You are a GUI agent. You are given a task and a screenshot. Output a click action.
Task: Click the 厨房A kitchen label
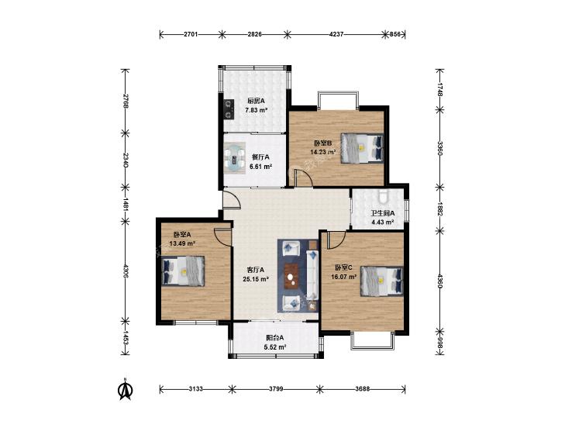pyautogui.click(x=256, y=101)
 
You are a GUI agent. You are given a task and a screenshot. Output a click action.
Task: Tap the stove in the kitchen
pyautogui.click(x=228, y=109)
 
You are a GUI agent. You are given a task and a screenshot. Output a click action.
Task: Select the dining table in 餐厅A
pyautogui.click(x=235, y=157)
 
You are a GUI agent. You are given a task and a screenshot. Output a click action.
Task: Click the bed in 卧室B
pyautogui.click(x=362, y=148)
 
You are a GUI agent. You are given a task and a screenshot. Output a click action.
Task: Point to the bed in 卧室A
pyautogui.click(x=183, y=271)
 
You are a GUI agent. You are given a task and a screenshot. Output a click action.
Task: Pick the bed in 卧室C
pyautogui.click(x=382, y=281)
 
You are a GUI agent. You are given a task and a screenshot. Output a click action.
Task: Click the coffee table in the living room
pyautogui.click(x=292, y=276)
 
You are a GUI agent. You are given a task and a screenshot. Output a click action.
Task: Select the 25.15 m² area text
pyautogui.click(x=256, y=279)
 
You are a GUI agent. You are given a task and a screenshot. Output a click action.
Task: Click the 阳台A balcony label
pyautogui.click(x=275, y=338)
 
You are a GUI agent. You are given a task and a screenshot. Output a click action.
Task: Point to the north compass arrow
pyautogui.click(x=126, y=389)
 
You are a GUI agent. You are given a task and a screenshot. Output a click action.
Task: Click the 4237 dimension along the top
pyautogui.click(x=336, y=34)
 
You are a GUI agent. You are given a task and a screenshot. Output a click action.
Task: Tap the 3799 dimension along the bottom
pyautogui.click(x=276, y=389)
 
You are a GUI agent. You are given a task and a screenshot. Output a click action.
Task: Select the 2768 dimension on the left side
pyautogui.click(x=125, y=102)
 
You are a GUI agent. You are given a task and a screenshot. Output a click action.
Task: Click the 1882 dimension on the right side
pyautogui.click(x=439, y=209)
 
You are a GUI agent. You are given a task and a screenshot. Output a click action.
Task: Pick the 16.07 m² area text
pyautogui.click(x=344, y=277)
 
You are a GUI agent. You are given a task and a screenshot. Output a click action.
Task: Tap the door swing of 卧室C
pyautogui.click(x=336, y=240)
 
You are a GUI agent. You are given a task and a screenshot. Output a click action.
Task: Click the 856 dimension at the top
pyautogui.click(x=395, y=34)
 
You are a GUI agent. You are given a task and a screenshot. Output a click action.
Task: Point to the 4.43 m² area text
pyautogui.click(x=383, y=222)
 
